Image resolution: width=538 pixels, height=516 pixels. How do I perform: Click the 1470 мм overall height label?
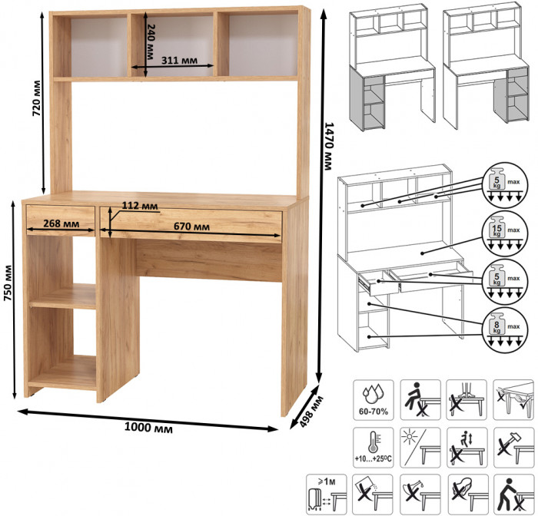click(329, 146)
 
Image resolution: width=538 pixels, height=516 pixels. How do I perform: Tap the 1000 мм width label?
click(148, 428)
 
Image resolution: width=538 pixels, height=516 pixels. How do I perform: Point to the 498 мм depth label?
click(311, 412)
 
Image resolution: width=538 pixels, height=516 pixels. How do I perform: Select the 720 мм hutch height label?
click(36, 98)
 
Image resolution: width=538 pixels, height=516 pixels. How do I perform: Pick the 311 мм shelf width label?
click(179, 61)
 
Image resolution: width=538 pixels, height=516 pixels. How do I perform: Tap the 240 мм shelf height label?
click(151, 41)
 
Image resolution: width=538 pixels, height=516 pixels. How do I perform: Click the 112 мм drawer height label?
click(140, 206)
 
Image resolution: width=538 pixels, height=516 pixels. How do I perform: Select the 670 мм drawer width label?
click(191, 227)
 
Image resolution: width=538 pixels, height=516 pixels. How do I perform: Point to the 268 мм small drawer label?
click(61, 223)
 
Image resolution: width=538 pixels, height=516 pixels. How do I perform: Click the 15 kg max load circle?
click(505, 233)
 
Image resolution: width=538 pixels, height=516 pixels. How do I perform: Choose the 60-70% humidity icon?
click(374, 400)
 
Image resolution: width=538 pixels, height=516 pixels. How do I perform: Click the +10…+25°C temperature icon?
click(374, 448)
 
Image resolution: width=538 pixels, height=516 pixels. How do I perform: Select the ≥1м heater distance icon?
click(327, 495)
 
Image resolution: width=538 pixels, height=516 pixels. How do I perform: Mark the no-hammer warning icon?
click(513, 448)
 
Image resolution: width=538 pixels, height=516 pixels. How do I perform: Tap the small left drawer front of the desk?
click(61, 220)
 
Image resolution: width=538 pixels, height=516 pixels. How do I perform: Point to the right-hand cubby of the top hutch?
click(263, 45)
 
